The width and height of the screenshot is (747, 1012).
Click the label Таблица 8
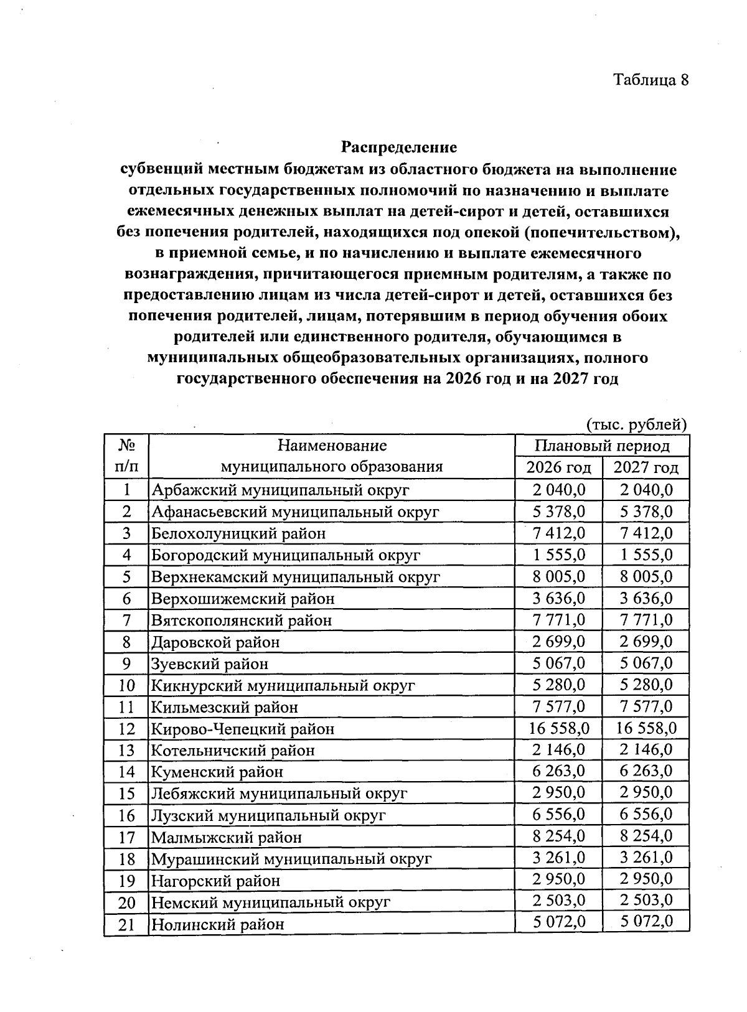(651, 80)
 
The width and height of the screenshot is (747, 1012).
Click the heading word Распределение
(398, 148)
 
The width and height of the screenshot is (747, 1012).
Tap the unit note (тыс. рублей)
(637, 424)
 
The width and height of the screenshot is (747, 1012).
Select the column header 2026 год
(558, 467)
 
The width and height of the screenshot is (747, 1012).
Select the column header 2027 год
(646, 467)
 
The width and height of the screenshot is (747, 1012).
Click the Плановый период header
(602, 446)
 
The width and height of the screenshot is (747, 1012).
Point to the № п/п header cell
(126, 456)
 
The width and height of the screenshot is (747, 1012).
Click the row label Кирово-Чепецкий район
(243, 728)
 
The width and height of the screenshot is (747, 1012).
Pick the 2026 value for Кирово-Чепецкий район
(558, 728)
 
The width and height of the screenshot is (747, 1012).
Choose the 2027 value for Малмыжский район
(646, 836)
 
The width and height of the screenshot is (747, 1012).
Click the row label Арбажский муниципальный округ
(280, 490)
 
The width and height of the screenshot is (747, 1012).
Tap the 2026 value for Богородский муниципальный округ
(558, 555)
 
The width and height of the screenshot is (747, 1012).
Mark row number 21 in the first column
(126, 924)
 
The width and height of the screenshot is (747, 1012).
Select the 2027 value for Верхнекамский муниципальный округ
(646, 576)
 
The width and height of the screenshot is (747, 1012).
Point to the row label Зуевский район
(210, 663)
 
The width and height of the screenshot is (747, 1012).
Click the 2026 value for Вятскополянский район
(558, 620)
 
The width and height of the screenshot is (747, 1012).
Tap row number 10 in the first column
(126, 685)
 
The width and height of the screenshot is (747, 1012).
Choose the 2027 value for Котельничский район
(646, 749)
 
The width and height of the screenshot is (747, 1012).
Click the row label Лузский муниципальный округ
(268, 815)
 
